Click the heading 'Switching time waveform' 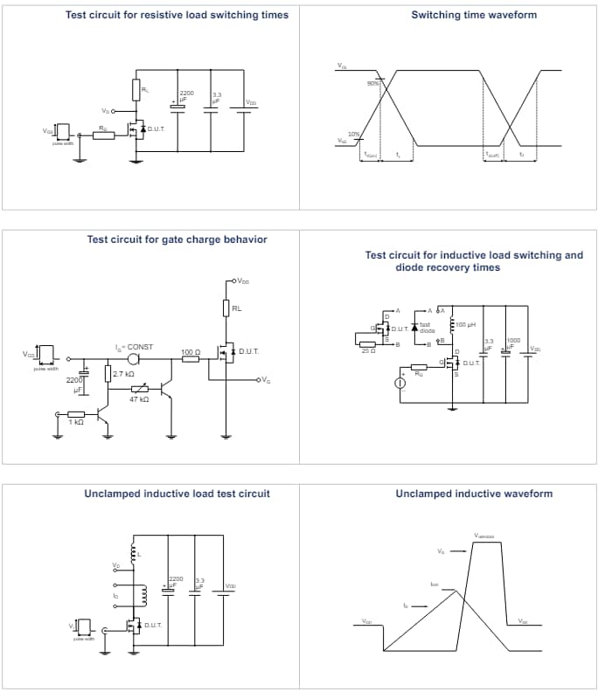pos(474,15)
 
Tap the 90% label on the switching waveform pos(372,83)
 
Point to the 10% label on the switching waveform pos(354,134)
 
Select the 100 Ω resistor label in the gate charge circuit pos(191,352)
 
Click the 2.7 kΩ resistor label pos(123,374)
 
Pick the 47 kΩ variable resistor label pos(139,398)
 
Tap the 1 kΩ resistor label pos(75,422)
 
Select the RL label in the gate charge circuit pos(237,308)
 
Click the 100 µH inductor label pos(464,323)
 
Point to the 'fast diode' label pos(427,329)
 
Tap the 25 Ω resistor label pos(368,349)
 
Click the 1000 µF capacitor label pos(513,341)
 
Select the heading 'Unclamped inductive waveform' pos(474,494)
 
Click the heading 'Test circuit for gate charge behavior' pos(177,239)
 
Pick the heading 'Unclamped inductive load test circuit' pos(177,494)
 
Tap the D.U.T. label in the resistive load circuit pos(156,128)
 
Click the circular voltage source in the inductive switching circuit pos(400,384)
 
